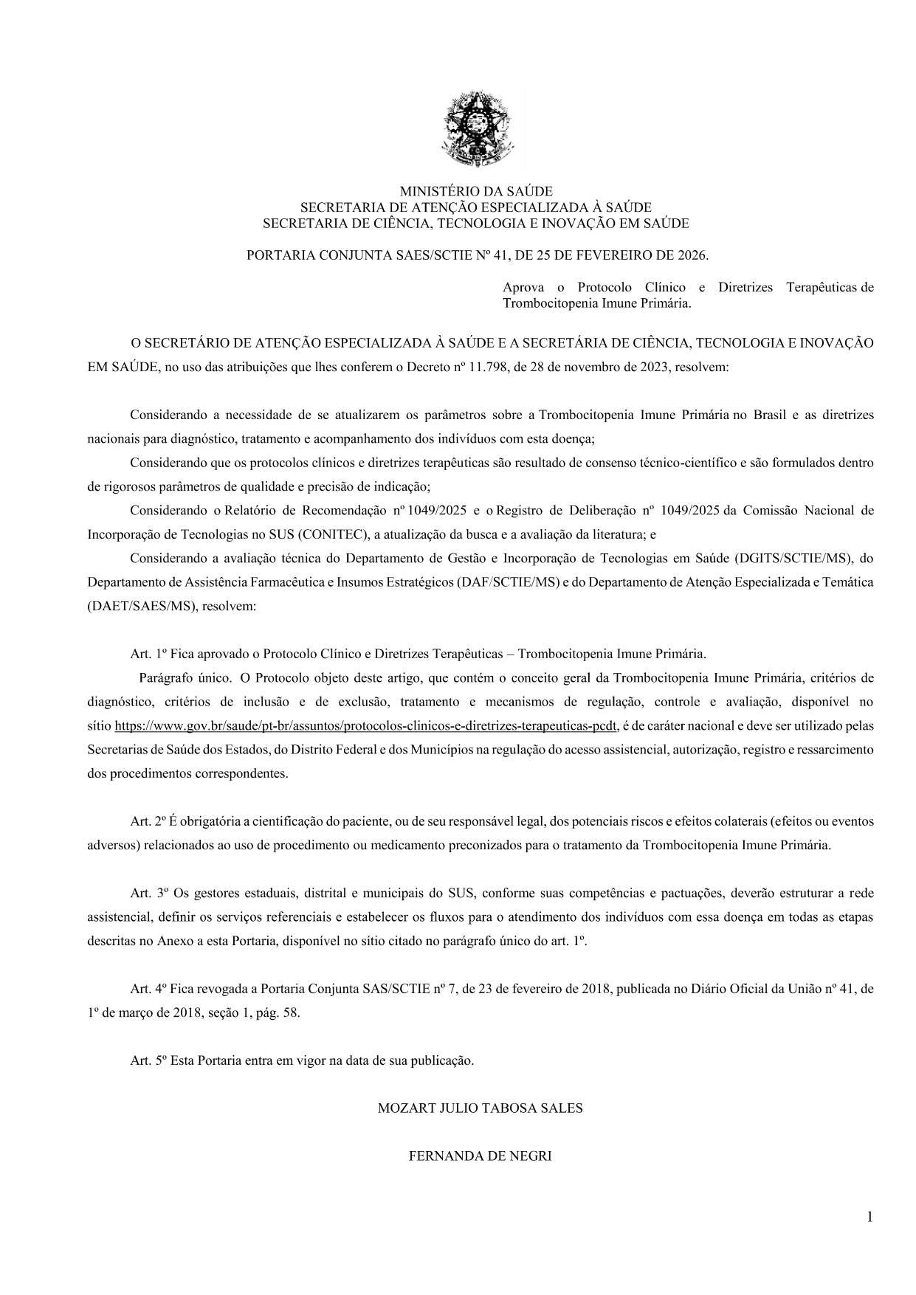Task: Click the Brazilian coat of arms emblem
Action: coord(475,129)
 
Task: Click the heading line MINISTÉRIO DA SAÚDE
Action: coord(475,192)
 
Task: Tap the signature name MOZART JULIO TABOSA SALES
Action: coord(480,1108)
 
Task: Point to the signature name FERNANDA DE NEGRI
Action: coord(480,1156)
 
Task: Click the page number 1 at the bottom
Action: coord(869,1217)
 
